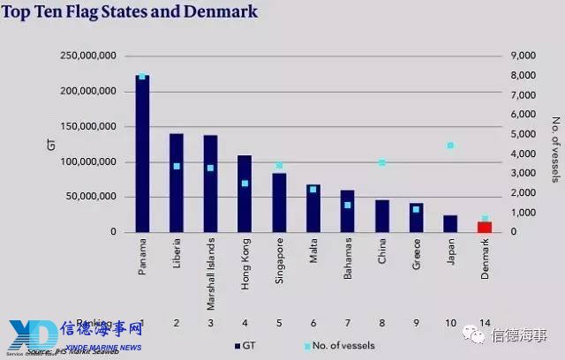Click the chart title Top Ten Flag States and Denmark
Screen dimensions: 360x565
pyautogui.click(x=132, y=12)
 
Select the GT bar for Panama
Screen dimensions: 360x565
pyautogui.click(x=142, y=154)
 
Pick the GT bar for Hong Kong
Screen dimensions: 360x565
pyautogui.click(x=245, y=194)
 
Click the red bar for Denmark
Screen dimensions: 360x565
pyautogui.click(x=485, y=227)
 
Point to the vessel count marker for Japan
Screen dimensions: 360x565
pyautogui.click(x=450, y=146)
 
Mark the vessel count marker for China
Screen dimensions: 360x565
pyautogui.click(x=381, y=162)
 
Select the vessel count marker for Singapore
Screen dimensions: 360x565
pyautogui.click(x=279, y=165)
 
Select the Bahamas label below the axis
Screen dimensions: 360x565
pyautogui.click(x=348, y=254)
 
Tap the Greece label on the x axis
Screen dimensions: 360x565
pyautogui.click(x=416, y=251)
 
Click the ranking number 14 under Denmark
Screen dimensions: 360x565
pyautogui.click(x=485, y=324)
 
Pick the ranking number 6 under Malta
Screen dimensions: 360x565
pyautogui.click(x=313, y=324)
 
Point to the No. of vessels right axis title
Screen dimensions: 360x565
pyautogui.click(x=555, y=146)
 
